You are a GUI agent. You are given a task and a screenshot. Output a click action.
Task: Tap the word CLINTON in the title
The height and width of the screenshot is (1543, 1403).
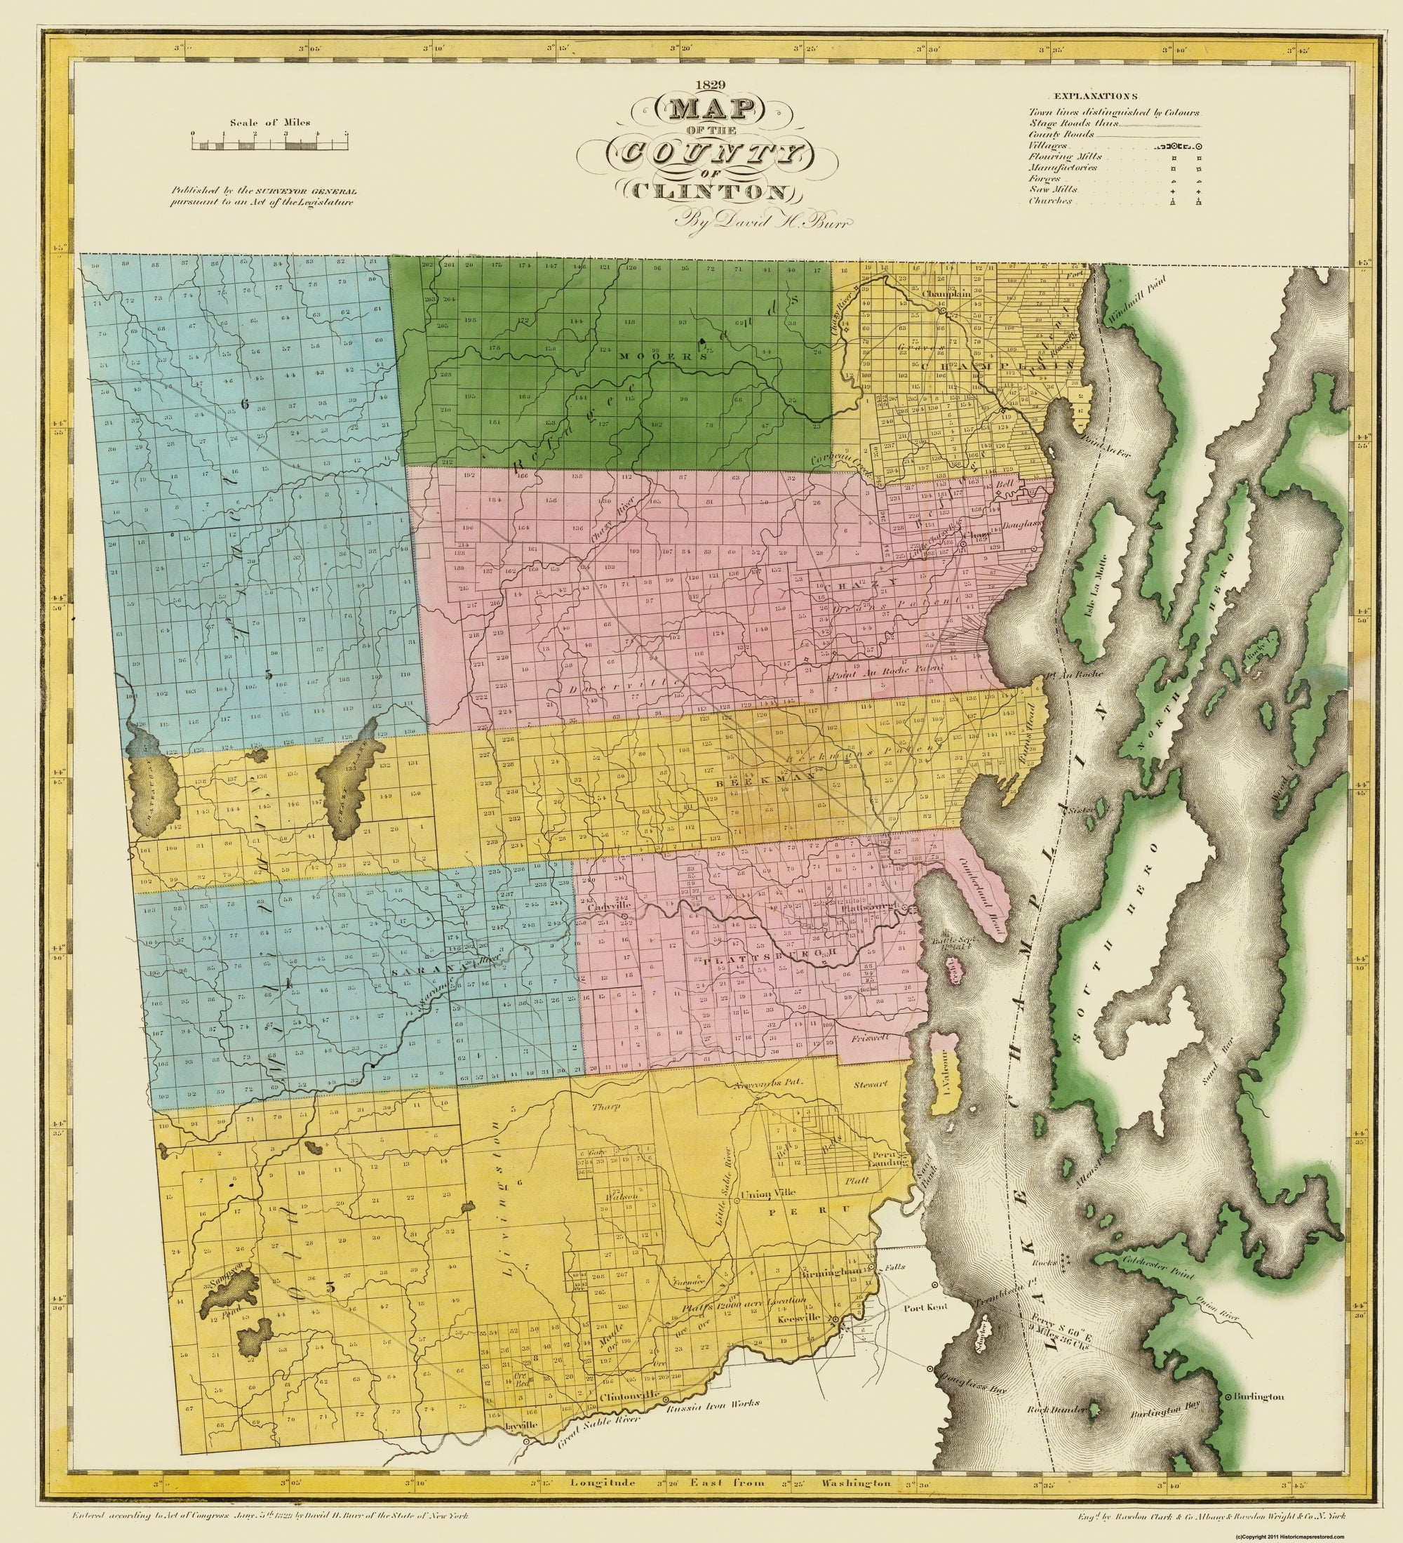click(712, 192)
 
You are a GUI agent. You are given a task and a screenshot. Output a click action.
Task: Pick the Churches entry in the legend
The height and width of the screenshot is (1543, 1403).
click(1049, 201)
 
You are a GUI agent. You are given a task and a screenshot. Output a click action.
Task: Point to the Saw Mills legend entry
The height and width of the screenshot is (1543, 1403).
click(1054, 190)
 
